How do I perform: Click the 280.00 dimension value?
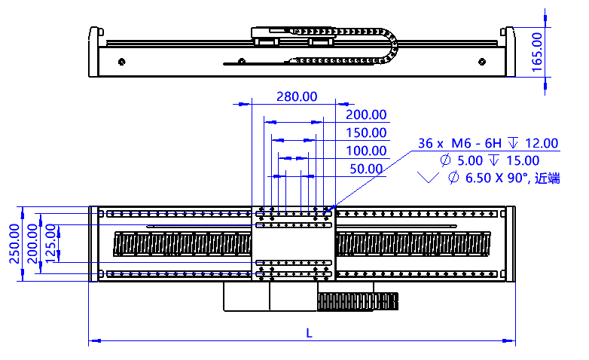point(297,97)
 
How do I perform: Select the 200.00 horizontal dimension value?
point(366,115)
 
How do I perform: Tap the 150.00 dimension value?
point(366,133)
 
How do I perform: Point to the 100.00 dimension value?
point(366,151)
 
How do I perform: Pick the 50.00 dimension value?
point(365,169)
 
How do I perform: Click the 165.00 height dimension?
point(537,51)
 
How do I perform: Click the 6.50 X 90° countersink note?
point(490,178)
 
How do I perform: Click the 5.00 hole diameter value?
point(469,160)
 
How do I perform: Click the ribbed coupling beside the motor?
point(359,301)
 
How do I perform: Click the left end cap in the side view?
point(93,53)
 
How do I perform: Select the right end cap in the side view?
point(508,53)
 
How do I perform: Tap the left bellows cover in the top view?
point(181,243)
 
